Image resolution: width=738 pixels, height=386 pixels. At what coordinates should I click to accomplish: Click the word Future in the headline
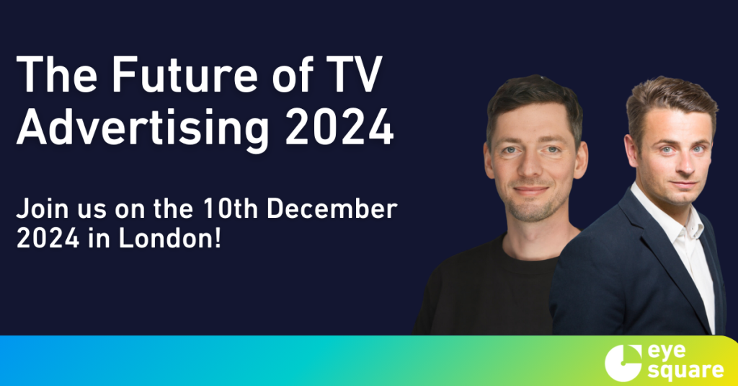(x=184, y=75)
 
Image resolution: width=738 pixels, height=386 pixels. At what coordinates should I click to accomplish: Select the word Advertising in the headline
(x=143, y=127)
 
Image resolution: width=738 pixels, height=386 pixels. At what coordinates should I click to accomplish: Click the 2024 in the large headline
(x=339, y=127)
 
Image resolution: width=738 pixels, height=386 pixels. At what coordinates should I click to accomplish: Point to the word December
(x=332, y=209)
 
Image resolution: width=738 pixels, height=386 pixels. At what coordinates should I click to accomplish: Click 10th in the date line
(x=231, y=209)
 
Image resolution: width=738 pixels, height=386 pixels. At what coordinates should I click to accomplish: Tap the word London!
(x=170, y=239)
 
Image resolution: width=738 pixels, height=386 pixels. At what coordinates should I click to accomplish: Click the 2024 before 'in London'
(x=48, y=239)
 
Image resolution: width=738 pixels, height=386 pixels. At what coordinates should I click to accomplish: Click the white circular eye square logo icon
(x=622, y=363)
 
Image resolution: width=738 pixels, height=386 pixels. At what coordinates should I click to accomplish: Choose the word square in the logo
(x=685, y=371)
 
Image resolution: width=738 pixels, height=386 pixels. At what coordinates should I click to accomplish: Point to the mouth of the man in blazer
(x=684, y=183)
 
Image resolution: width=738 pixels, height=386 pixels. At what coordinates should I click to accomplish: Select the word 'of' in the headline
(x=293, y=75)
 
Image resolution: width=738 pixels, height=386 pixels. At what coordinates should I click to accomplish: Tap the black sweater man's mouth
(x=531, y=190)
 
